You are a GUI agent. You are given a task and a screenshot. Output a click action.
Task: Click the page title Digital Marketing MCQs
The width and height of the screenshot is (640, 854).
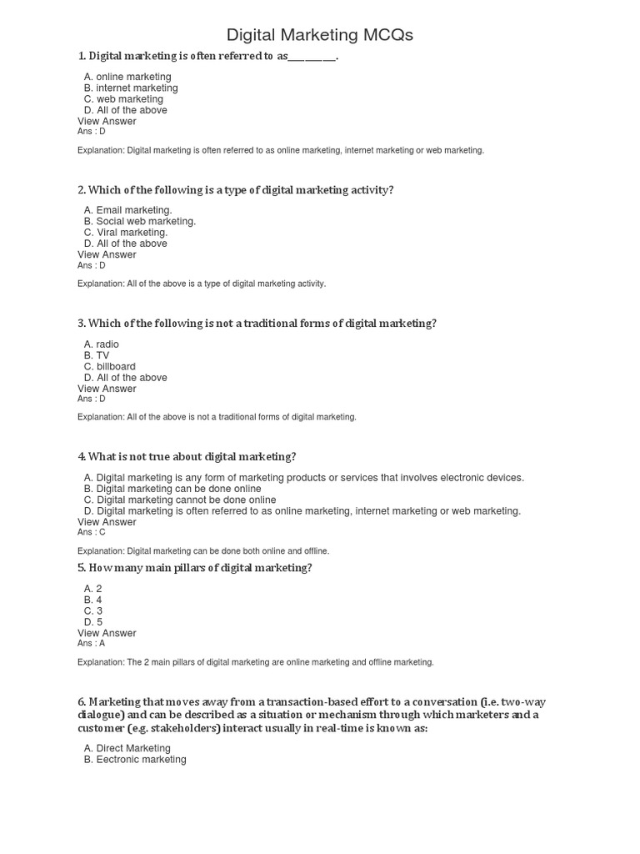point(320,35)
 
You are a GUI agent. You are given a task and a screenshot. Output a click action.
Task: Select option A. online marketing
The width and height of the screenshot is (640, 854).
point(127,77)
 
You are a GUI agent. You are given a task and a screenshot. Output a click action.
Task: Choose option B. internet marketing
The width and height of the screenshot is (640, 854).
point(131,88)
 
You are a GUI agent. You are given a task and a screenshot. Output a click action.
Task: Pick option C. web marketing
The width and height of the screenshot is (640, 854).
point(123,99)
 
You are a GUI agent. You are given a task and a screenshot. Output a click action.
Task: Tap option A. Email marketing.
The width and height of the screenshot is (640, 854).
point(127,210)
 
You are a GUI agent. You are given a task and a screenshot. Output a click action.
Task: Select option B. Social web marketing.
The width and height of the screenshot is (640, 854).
point(140,221)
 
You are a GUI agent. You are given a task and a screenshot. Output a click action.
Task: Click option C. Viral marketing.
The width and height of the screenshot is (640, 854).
point(126,233)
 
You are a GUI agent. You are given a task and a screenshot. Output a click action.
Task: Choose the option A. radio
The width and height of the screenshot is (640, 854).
point(102,344)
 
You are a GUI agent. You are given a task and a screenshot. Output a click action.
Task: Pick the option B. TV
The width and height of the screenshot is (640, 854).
point(97,355)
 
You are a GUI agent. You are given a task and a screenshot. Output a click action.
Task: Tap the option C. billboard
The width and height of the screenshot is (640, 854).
point(110,366)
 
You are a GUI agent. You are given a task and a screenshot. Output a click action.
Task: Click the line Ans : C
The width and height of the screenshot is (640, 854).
point(92,532)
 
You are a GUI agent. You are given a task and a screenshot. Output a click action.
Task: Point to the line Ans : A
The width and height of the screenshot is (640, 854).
point(92,643)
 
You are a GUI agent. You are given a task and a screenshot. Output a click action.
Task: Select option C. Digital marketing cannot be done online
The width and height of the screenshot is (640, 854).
point(180,500)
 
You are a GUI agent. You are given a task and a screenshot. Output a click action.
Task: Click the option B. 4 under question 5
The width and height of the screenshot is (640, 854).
point(93,600)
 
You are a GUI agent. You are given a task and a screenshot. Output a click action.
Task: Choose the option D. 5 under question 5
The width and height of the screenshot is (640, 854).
point(93,621)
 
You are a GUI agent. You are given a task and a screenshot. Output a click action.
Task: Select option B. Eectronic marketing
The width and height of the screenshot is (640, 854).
point(135,760)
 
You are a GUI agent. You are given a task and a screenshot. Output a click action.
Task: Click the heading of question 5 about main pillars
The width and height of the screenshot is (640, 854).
point(195,568)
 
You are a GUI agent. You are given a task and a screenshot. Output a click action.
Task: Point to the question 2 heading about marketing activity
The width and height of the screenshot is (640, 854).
point(236,190)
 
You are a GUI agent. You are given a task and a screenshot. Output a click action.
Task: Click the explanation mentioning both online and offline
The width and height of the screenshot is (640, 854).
point(203,551)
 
